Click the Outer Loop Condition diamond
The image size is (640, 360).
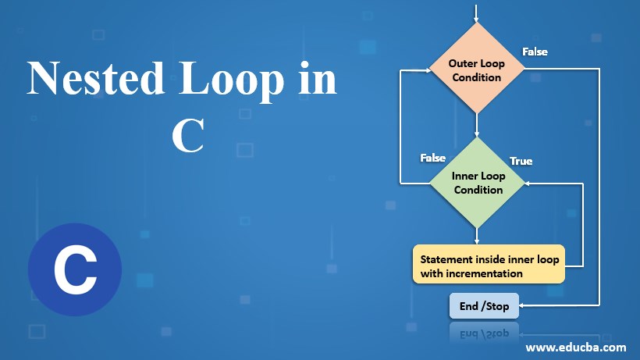coord(476,70)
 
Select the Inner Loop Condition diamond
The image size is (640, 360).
coord(477,182)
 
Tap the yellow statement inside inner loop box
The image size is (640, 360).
coord(489,266)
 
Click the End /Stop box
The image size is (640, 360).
coord(484,306)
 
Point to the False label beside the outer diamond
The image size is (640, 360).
coord(535,52)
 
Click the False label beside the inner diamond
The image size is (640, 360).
coord(432,158)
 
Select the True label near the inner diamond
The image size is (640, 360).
coord(521,161)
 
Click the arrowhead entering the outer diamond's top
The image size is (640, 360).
coord(476,19)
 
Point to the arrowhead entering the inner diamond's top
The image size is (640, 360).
coord(476,134)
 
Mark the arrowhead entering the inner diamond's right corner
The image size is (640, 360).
coord(528,183)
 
